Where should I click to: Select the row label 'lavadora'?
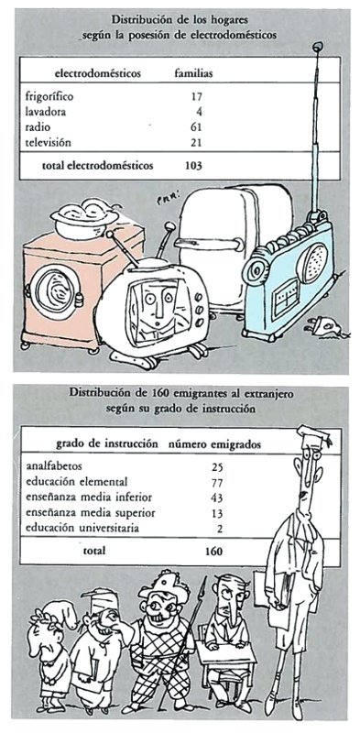point(46,112)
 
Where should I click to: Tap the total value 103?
point(192,166)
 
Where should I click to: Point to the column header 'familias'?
point(193,73)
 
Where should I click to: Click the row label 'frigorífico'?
point(49,98)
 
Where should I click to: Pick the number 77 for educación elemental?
point(216,483)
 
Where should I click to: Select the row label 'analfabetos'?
point(55,466)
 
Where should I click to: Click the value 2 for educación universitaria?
point(219,529)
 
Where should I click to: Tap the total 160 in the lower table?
point(213,552)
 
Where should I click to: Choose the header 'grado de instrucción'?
point(107,444)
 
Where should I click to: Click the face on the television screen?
point(157,310)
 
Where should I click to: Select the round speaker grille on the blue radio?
point(312,263)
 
